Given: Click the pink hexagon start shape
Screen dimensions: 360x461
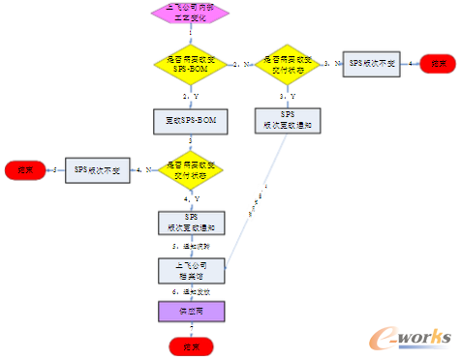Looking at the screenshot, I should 191,14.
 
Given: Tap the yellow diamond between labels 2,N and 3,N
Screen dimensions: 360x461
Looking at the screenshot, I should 280,65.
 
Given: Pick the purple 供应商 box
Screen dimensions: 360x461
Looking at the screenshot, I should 191,311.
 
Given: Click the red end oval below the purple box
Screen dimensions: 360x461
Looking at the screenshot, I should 191,345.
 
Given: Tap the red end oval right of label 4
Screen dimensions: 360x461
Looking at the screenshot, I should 438,65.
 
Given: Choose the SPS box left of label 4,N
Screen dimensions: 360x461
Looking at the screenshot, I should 97,170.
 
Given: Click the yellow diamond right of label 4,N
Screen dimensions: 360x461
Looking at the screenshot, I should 191,170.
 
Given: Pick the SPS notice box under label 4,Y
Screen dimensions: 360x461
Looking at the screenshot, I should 191,223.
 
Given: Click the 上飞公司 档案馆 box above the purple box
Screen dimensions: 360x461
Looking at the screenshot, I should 191,269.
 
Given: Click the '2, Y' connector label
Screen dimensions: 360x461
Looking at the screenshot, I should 191,97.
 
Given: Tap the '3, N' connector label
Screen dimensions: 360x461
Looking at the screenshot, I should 330,63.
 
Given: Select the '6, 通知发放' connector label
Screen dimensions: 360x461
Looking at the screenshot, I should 191,291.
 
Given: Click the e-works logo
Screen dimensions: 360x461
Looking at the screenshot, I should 412,335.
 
